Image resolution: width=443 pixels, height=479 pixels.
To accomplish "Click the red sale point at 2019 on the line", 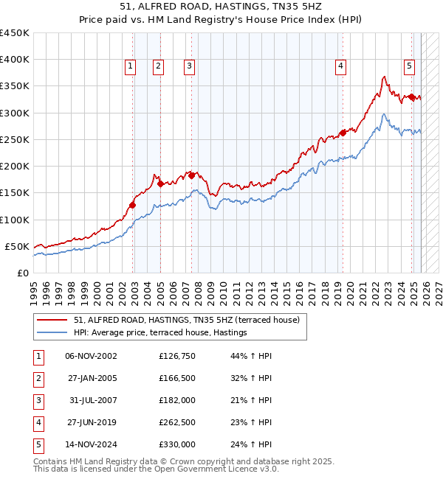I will [343, 133].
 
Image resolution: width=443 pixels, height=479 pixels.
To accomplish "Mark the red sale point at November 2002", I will [133, 205].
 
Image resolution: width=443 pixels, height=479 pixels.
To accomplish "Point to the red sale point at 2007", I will [191, 175].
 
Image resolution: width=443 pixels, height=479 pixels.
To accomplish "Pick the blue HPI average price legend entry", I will [159, 333].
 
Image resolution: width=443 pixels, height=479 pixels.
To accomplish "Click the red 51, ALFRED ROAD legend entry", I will [186, 321].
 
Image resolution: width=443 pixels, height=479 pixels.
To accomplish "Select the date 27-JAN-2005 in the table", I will [91, 379].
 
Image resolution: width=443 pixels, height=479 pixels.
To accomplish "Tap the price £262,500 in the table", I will [177, 423].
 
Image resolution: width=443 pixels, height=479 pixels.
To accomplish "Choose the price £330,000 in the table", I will [177, 445].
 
